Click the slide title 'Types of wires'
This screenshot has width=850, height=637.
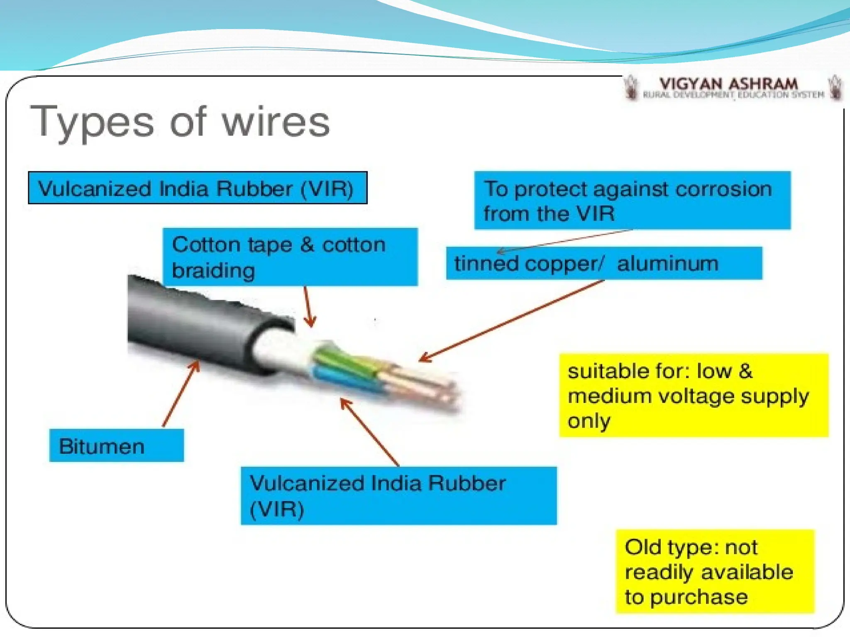pyautogui.click(x=180, y=122)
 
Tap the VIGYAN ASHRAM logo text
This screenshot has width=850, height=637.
pyautogui.click(x=728, y=84)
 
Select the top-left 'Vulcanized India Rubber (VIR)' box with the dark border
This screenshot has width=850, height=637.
pyautogui.click(x=198, y=188)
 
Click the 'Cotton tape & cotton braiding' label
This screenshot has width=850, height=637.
pyautogui.click(x=290, y=257)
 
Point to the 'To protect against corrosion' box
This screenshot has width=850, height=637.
pyautogui.click(x=632, y=200)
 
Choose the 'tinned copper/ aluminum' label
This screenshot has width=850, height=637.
pyautogui.click(x=604, y=263)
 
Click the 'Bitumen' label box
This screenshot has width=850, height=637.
pyautogui.click(x=116, y=445)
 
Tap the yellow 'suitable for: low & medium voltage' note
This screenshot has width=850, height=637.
pyautogui.click(x=693, y=395)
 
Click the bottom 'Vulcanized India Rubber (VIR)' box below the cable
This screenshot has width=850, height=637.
pyautogui.click(x=398, y=496)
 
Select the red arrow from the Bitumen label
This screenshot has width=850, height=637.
pyautogui.click(x=181, y=394)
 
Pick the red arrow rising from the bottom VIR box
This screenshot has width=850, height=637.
pyautogui.click(x=369, y=431)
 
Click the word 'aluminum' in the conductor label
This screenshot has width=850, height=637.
pyautogui.click(x=667, y=263)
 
